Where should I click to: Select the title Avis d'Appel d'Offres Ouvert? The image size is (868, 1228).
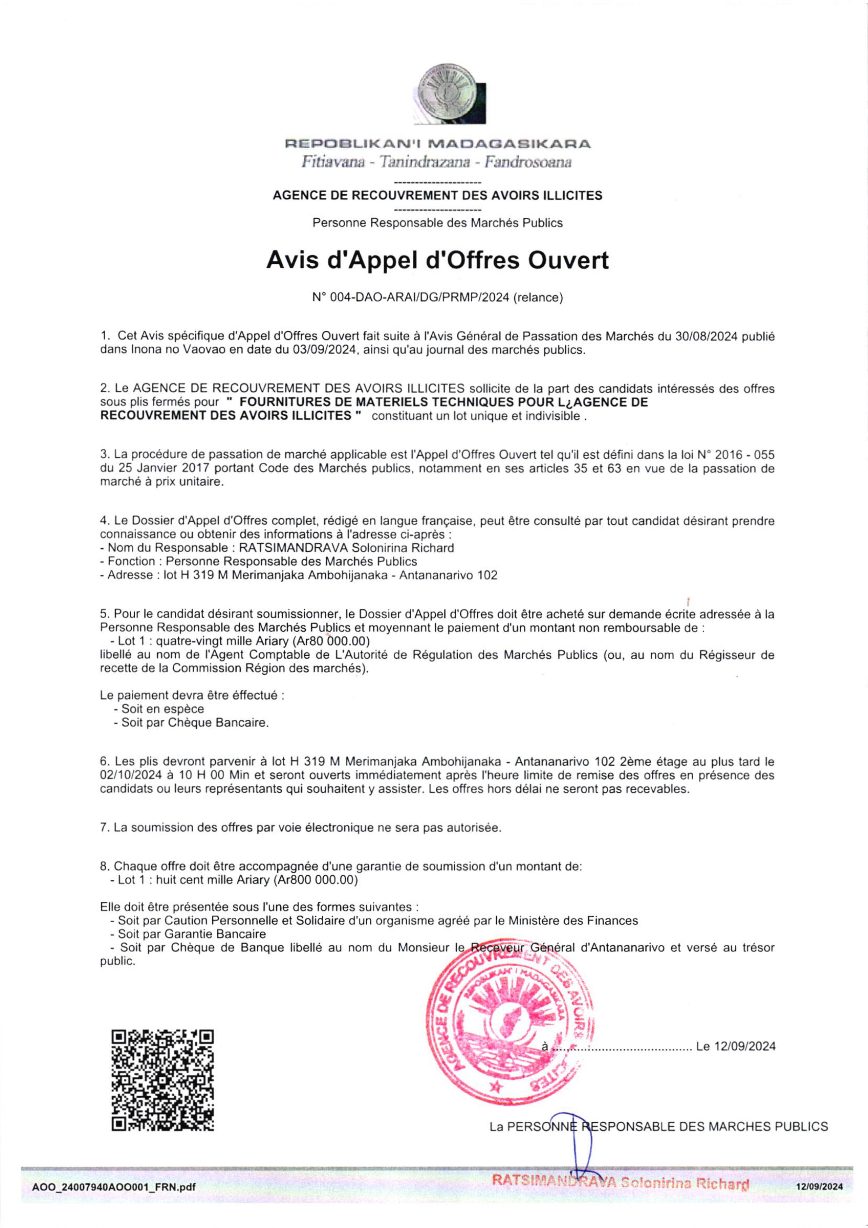[x=437, y=261]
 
